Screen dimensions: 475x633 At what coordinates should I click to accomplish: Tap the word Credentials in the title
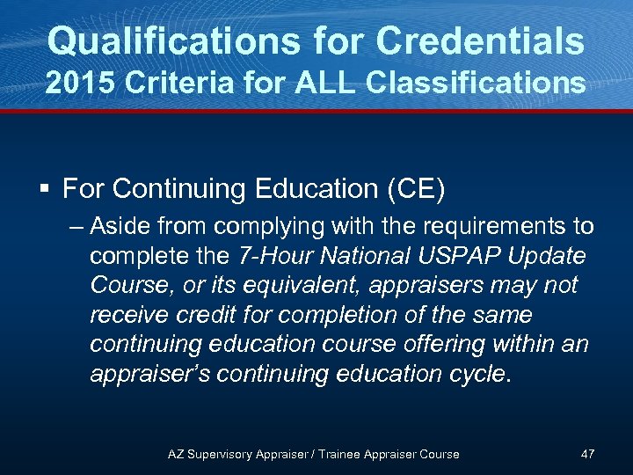(479, 41)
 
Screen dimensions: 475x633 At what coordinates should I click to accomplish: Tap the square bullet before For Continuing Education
(47, 188)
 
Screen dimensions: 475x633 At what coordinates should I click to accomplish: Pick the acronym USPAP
(456, 257)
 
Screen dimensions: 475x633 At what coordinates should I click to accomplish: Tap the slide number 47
(588, 454)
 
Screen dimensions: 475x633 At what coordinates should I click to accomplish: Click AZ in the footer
(176, 454)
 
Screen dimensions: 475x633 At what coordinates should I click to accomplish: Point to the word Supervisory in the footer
(222, 454)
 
